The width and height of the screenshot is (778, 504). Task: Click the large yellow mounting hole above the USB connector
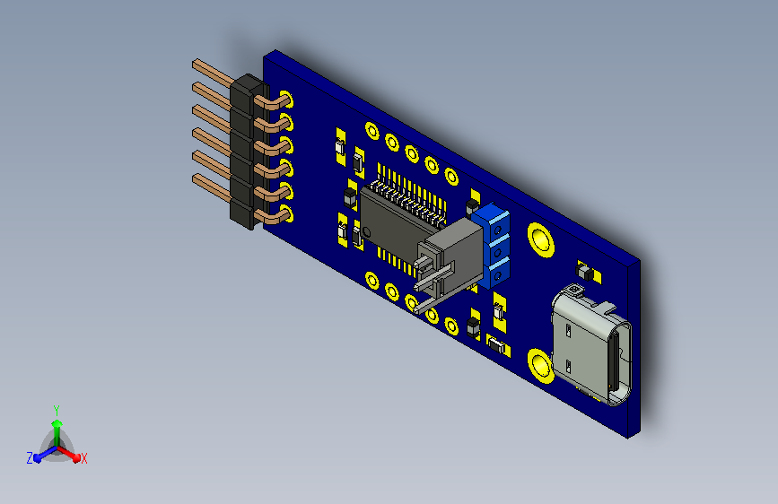(540, 240)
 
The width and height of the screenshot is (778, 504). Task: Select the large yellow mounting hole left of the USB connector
(540, 366)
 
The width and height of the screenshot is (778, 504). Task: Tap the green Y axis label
(57, 411)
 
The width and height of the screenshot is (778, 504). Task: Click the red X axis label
(83, 459)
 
